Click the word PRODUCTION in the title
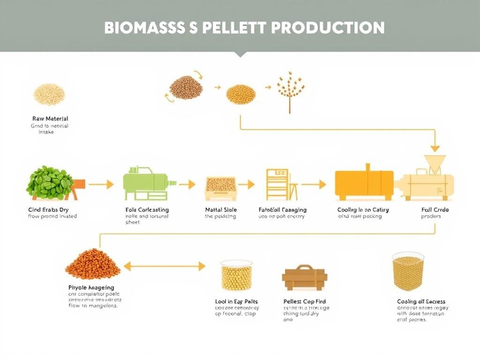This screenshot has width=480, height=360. tap(328, 28)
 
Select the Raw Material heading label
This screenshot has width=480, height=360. tap(50, 119)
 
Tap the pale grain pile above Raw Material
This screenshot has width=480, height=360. tap(49, 94)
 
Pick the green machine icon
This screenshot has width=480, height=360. tap(147, 183)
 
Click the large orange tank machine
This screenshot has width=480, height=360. tap(364, 183)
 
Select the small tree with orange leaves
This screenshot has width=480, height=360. tap(289, 90)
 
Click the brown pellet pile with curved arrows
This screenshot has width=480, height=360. tap(186, 88)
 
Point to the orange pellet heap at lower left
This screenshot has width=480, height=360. tap(92, 265)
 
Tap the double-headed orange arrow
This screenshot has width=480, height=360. tap(164, 266)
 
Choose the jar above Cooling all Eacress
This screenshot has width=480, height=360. tap(408, 272)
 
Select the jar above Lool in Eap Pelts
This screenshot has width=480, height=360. tap(236, 276)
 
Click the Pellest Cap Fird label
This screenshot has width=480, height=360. tap(305, 301)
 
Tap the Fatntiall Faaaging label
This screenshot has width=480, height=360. tap(283, 210)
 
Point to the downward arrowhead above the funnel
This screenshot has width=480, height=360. tap(435, 148)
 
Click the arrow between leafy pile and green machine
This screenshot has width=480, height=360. tap(101, 185)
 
